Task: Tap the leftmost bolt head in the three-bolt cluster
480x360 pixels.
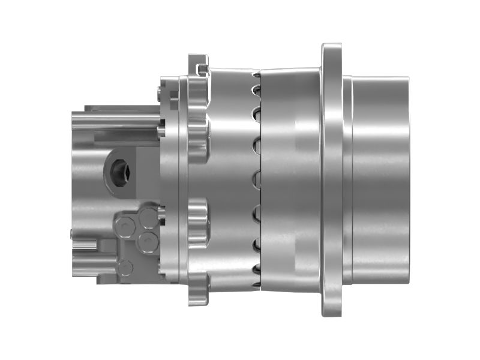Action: pyautogui.click(x=125, y=227)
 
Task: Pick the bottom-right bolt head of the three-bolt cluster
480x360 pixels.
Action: pyautogui.click(x=146, y=242)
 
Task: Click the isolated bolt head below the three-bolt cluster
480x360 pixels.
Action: pyautogui.click(x=125, y=267)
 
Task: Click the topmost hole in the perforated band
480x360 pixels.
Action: pyautogui.click(x=256, y=75)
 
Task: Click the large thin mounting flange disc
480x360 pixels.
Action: pyautogui.click(x=331, y=180)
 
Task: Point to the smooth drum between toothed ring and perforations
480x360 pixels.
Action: pyautogui.click(x=231, y=180)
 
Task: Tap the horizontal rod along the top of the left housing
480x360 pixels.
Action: pyautogui.click(x=114, y=124)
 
